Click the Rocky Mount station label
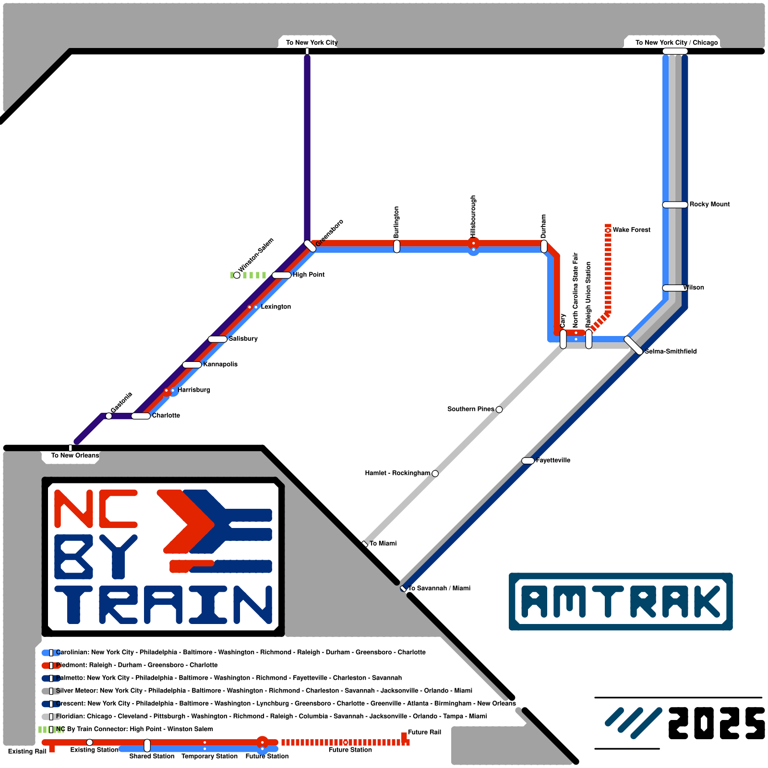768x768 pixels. tap(709, 204)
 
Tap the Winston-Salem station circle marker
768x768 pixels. tap(237, 275)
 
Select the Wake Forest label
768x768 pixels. tap(631, 230)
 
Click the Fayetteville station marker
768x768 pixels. tap(528, 461)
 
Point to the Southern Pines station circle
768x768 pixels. tap(499, 409)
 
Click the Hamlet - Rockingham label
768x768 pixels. tap(397, 473)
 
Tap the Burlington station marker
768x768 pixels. tap(396, 246)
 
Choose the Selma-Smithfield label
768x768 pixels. tap(671, 351)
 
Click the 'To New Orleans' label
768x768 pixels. tap(75, 456)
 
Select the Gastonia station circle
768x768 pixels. tap(108, 416)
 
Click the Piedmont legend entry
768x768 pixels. tap(137, 665)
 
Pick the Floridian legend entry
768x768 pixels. tap(271, 716)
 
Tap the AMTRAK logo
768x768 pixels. tap(621, 601)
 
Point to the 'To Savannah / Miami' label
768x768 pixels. tap(439, 588)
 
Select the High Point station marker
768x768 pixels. tap(281, 275)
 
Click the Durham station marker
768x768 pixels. tap(544, 246)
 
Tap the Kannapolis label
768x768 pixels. tap(220, 364)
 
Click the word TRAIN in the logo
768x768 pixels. tap(163, 604)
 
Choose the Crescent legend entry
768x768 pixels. tap(286, 704)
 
